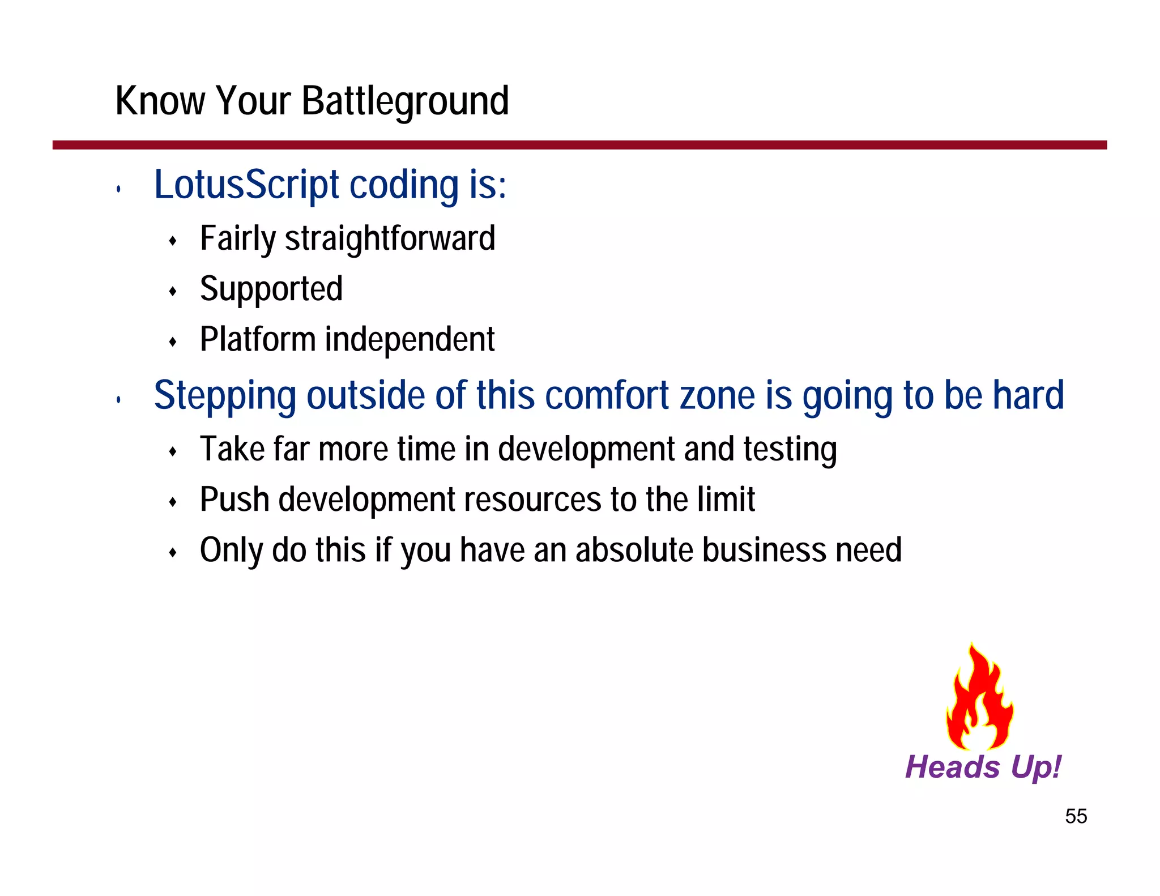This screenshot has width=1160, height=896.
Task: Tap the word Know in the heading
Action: (x=160, y=101)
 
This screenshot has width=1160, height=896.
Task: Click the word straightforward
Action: (x=390, y=238)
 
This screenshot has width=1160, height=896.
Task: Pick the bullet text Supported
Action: (x=271, y=289)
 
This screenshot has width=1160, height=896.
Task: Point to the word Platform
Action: (x=258, y=339)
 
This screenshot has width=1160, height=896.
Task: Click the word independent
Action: (x=410, y=339)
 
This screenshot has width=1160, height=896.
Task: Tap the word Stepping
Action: (x=225, y=395)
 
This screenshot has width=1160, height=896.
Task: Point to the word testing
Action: (x=790, y=449)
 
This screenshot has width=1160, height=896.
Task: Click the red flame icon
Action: (x=979, y=699)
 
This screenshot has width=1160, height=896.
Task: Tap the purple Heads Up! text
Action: (x=983, y=767)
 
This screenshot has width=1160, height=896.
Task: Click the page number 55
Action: (x=1076, y=816)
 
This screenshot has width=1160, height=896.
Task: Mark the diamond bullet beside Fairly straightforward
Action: (x=173, y=241)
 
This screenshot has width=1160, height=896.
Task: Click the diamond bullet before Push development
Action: (x=173, y=502)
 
